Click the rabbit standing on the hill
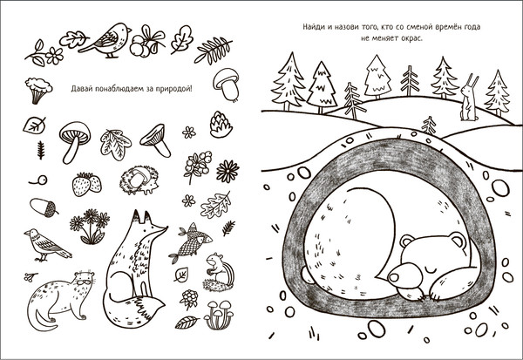[x=469, y=98]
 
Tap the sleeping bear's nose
[x=394, y=276]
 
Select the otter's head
[x=84, y=280]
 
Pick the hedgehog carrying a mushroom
[x=138, y=180]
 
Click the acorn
[x=44, y=207]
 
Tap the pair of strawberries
[x=86, y=184]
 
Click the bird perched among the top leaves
[x=105, y=40]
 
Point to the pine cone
[x=221, y=125]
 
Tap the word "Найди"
[x=314, y=27]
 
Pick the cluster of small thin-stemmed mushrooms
[x=219, y=315]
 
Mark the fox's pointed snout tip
[x=166, y=228]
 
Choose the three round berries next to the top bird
[x=140, y=49]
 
